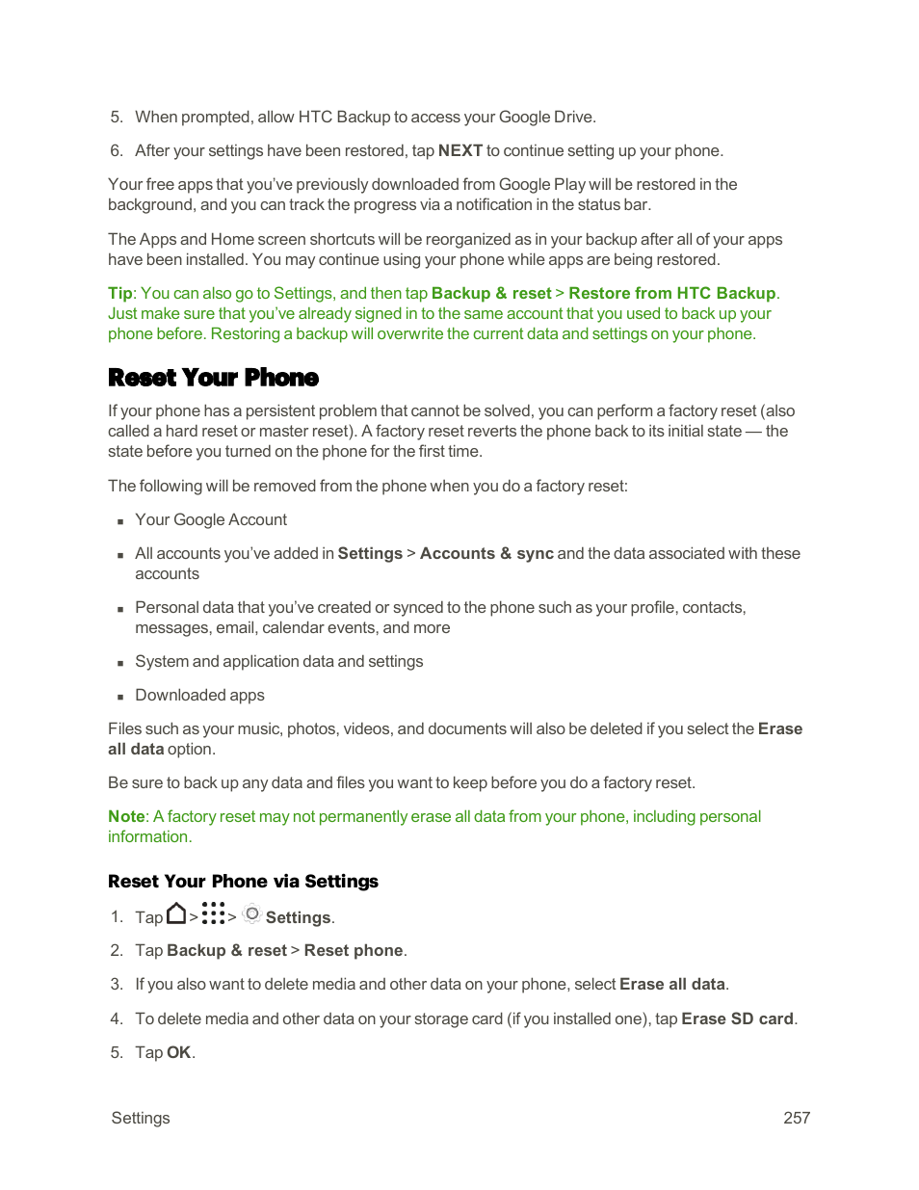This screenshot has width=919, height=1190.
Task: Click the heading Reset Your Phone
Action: coord(213,378)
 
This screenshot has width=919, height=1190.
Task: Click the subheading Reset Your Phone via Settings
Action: coord(243,882)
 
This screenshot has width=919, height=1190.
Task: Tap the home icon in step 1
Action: coord(176,913)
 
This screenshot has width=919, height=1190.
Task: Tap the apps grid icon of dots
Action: coord(214,913)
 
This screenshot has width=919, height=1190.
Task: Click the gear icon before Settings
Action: coord(251,913)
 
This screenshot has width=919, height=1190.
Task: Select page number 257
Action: coord(796,1118)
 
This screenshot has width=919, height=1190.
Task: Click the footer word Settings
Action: coord(141,1118)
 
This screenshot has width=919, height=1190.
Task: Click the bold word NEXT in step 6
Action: coord(459,150)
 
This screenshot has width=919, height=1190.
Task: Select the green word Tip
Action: coord(119,293)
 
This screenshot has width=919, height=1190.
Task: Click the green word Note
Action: coord(126,817)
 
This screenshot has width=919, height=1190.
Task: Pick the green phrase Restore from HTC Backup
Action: coord(671,293)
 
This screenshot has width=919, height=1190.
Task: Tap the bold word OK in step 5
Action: coord(178,1052)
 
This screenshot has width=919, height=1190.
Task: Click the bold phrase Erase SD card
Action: coord(737,1018)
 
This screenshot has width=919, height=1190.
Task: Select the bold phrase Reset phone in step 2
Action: coord(354,950)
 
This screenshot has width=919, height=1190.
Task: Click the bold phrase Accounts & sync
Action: coord(486,553)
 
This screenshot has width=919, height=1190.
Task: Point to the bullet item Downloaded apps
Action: coord(199,695)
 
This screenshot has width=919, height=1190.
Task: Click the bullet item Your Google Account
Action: coord(211,519)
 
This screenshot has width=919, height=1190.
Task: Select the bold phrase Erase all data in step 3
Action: coord(671,984)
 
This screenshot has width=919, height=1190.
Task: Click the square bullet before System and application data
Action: coord(120,663)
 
